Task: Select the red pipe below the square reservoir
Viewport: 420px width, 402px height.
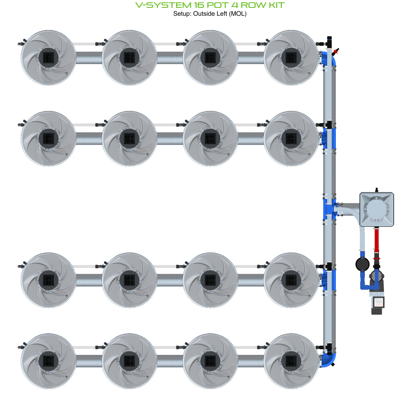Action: click(x=376, y=240)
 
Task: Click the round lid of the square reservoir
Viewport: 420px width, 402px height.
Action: click(x=376, y=208)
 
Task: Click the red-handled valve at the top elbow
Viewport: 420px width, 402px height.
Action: click(x=335, y=52)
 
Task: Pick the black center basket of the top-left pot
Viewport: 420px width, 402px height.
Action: click(x=48, y=57)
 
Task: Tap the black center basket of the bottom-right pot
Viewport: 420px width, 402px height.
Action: click(x=291, y=360)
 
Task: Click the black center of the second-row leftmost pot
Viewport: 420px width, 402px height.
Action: click(x=48, y=138)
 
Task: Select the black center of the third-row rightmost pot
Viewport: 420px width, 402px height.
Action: click(x=291, y=280)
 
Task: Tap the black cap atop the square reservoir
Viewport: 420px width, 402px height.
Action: click(x=376, y=190)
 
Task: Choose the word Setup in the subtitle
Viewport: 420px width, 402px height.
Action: click(x=182, y=14)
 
